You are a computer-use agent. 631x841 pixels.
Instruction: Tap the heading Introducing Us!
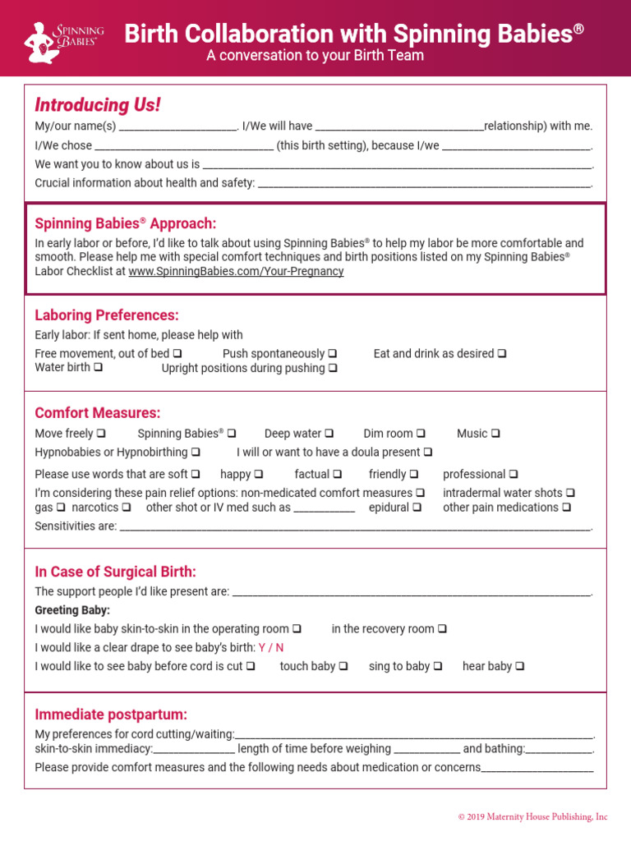click(98, 105)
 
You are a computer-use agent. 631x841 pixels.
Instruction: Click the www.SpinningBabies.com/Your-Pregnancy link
click(236, 271)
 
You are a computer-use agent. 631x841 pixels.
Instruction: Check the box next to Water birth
click(98, 368)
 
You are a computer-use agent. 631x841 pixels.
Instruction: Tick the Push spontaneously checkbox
click(332, 354)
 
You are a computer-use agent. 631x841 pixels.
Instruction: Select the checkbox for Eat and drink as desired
click(501, 354)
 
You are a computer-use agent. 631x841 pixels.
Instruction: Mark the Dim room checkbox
click(421, 434)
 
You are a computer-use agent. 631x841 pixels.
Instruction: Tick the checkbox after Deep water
click(329, 434)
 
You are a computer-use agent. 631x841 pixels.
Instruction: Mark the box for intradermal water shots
click(569, 494)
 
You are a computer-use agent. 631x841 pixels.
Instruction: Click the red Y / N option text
click(271, 647)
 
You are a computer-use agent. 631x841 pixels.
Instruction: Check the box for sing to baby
click(437, 667)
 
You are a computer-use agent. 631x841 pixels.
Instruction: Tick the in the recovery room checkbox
click(442, 629)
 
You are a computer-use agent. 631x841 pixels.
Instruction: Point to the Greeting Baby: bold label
click(72, 610)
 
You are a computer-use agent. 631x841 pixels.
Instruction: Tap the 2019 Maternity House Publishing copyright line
click(532, 816)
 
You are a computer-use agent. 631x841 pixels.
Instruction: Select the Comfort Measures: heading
click(98, 413)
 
